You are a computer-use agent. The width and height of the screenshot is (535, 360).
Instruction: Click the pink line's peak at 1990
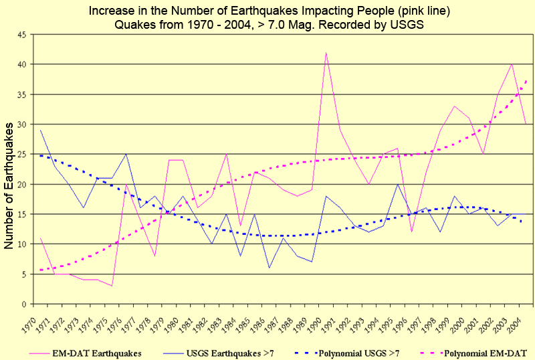pyautogui.click(x=326, y=52)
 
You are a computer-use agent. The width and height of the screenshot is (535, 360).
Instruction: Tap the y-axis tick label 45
pyautogui.click(x=23, y=34)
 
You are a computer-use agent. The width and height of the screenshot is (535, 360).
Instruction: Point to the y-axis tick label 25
pyautogui.click(x=23, y=155)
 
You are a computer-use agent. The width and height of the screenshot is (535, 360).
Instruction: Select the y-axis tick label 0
pyautogui.click(x=25, y=304)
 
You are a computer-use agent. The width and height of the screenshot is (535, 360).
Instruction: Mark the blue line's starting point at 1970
pyautogui.click(x=40, y=130)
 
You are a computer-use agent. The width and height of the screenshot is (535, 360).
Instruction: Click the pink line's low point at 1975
pyautogui.click(x=112, y=286)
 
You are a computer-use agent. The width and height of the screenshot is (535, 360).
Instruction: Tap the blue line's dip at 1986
pyautogui.click(x=269, y=268)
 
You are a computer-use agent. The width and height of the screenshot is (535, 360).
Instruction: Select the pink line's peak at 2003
pyautogui.click(x=512, y=64)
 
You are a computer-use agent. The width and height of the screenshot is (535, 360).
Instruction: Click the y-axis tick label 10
pyautogui.click(x=23, y=244)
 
